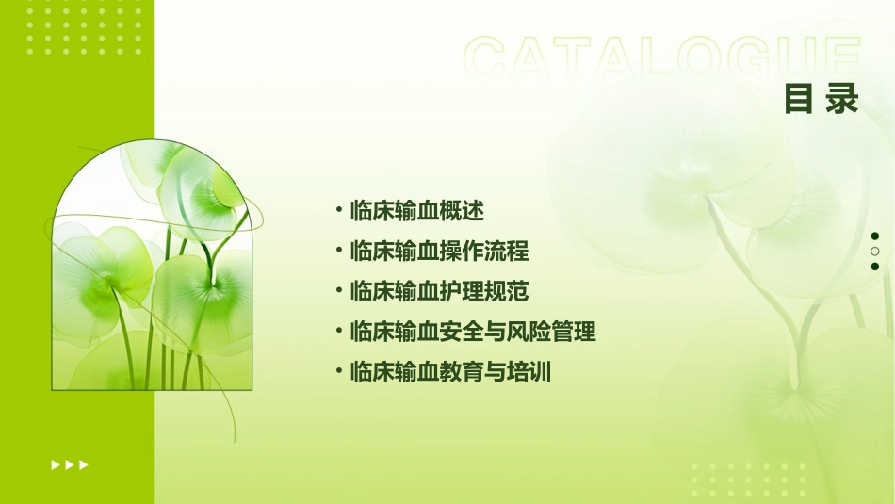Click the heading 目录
point(822,98)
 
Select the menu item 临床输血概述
point(416,210)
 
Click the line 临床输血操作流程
point(439,252)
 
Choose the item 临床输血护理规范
point(439,291)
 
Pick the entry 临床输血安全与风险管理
point(472,332)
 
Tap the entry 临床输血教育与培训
point(450,372)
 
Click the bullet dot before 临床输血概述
point(338,210)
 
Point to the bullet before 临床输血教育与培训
point(338,372)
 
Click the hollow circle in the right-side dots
point(874,252)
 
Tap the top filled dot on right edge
point(874,236)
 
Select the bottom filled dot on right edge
point(874,267)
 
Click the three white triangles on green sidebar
point(70,464)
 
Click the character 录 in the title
point(842,98)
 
